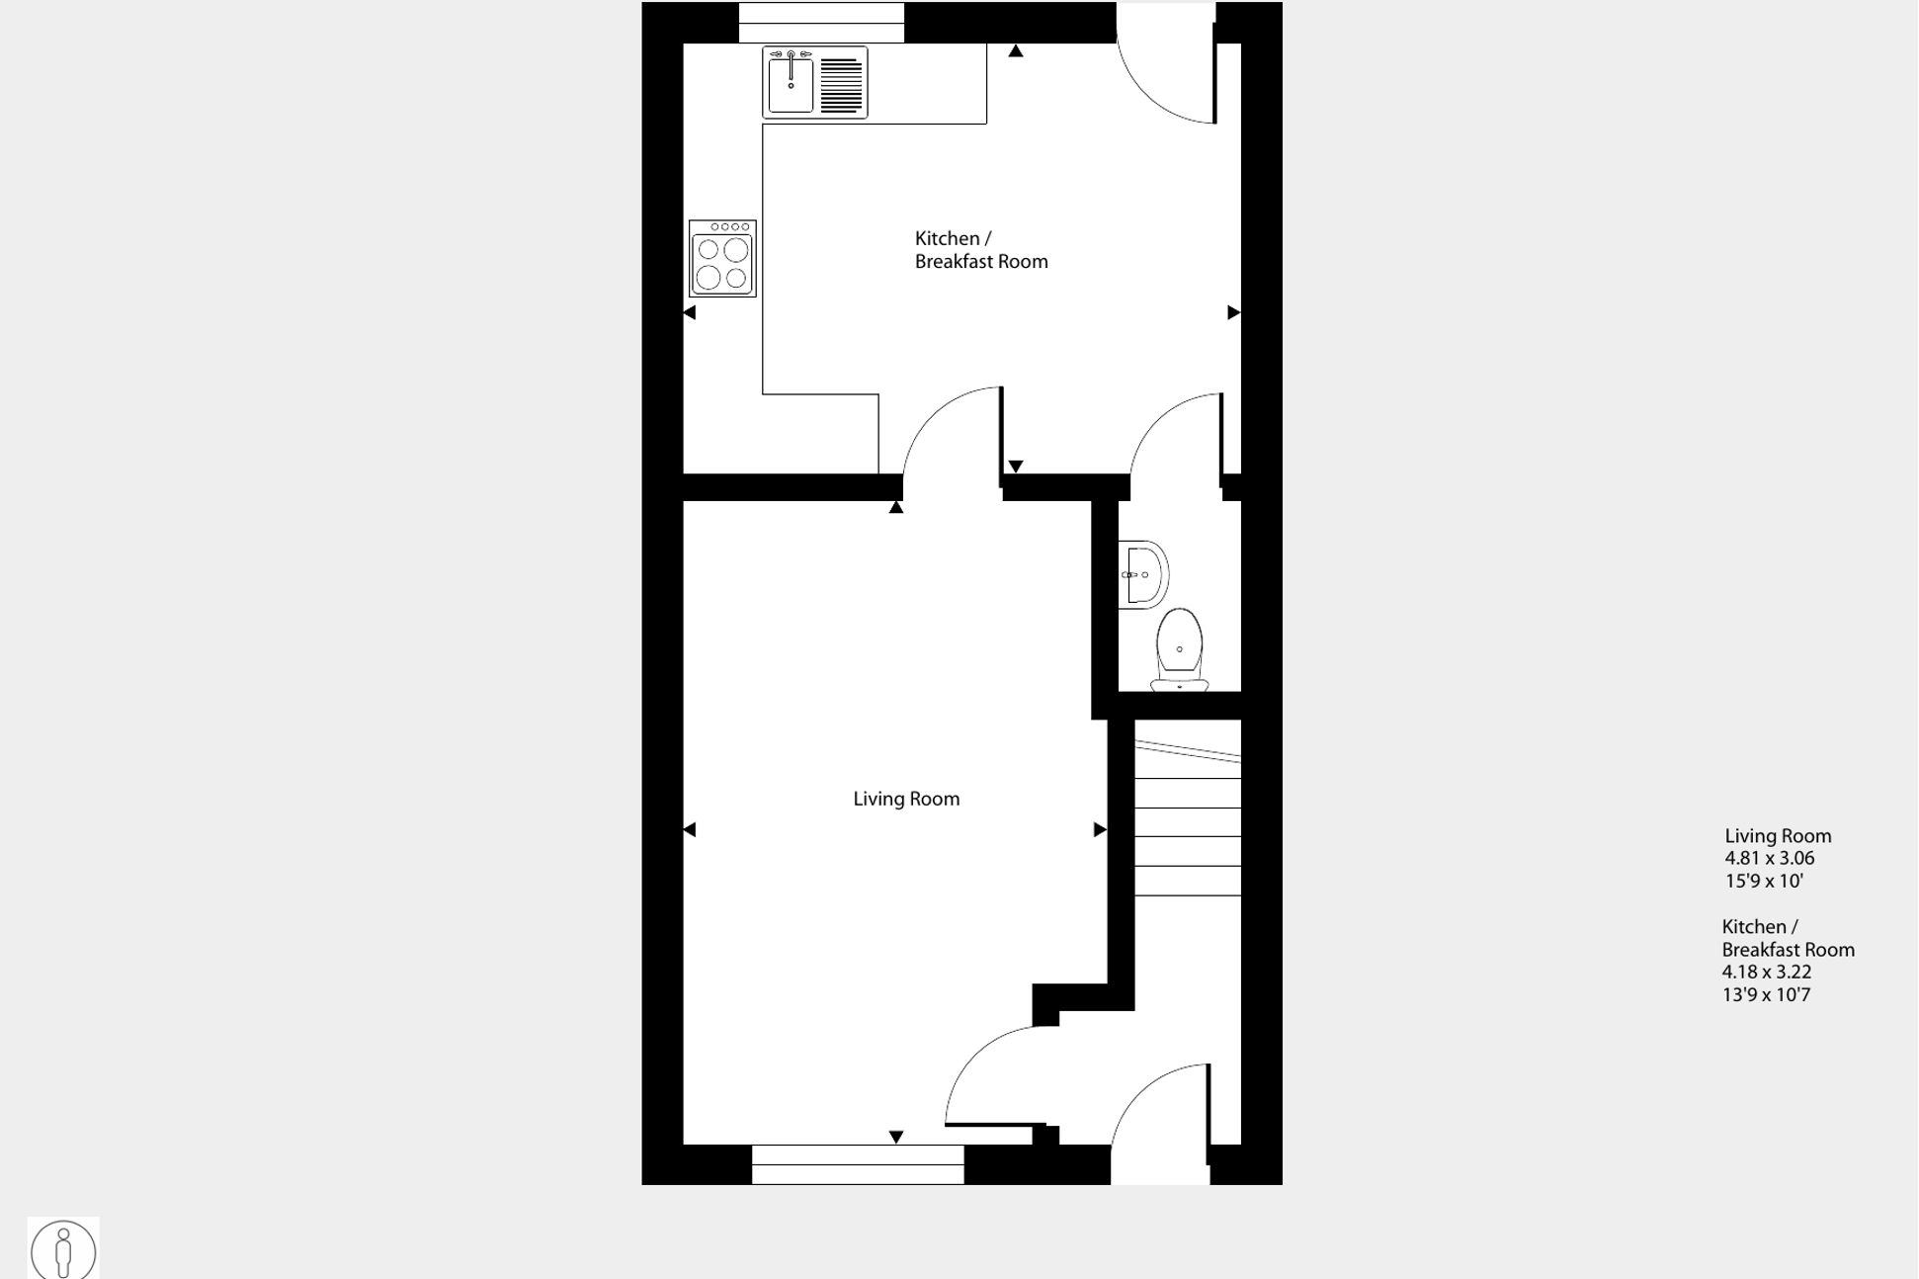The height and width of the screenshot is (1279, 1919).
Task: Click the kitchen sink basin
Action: [x=791, y=85]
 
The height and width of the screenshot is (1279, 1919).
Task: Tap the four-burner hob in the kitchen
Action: [x=722, y=259]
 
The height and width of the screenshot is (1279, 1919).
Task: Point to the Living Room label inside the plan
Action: [x=906, y=799]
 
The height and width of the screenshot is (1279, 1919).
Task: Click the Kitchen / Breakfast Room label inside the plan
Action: [x=980, y=250]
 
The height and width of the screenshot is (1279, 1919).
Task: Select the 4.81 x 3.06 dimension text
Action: [x=1770, y=858]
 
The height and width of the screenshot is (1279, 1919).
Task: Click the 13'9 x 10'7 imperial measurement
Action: [x=1766, y=994]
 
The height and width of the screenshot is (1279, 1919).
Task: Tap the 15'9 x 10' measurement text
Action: [x=1764, y=881]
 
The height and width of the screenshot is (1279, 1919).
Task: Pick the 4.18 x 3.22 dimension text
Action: [x=1767, y=972]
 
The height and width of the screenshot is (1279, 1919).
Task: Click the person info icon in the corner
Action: [x=63, y=1249]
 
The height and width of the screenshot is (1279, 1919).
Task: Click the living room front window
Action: [x=857, y=1164]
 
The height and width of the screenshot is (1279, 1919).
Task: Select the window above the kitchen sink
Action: [x=821, y=22]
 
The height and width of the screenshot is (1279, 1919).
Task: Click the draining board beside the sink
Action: [x=841, y=85]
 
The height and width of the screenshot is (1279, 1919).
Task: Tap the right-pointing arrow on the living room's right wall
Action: [x=1099, y=829]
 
